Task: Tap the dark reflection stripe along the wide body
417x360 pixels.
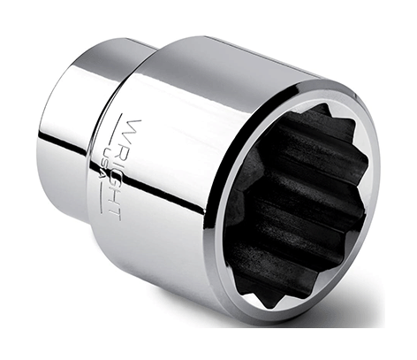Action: pos(177,203)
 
